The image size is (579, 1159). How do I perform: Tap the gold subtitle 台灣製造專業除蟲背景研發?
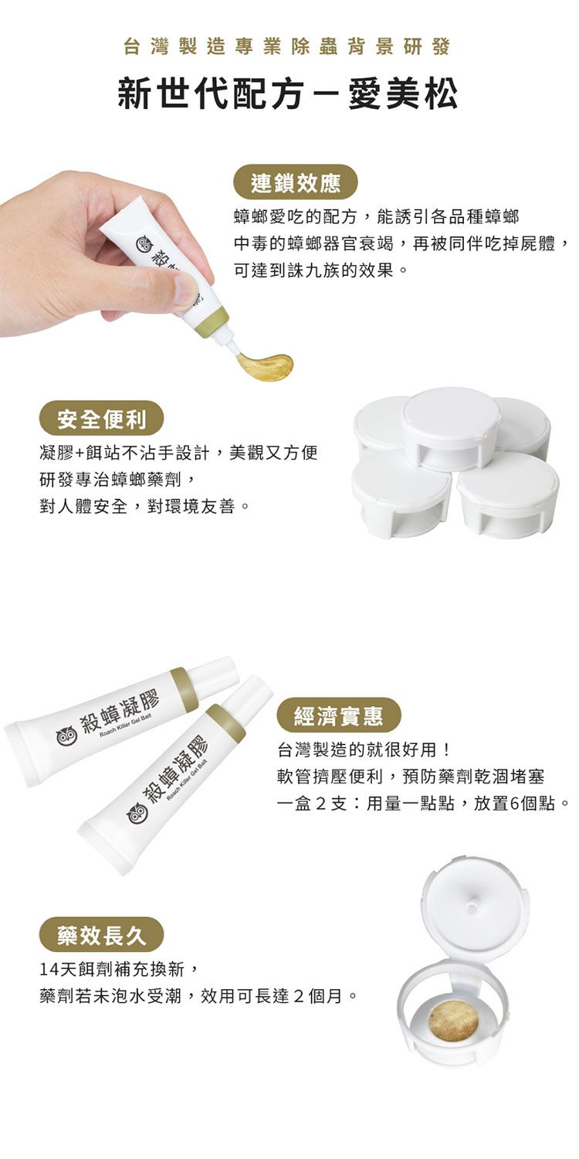[x=287, y=46]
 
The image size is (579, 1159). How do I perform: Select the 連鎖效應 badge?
[x=296, y=182]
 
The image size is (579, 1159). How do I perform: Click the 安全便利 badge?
[x=101, y=418]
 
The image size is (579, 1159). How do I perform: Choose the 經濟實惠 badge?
[x=339, y=715]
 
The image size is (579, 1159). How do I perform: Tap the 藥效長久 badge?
[x=101, y=935]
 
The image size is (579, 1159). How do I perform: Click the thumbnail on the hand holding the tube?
[x=186, y=289]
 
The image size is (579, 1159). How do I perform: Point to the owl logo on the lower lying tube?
[x=137, y=811]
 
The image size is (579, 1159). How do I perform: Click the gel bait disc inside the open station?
[x=454, y=1021]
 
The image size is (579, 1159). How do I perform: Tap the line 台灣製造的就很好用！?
[x=364, y=749]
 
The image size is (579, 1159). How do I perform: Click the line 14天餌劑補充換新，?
[x=119, y=968]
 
